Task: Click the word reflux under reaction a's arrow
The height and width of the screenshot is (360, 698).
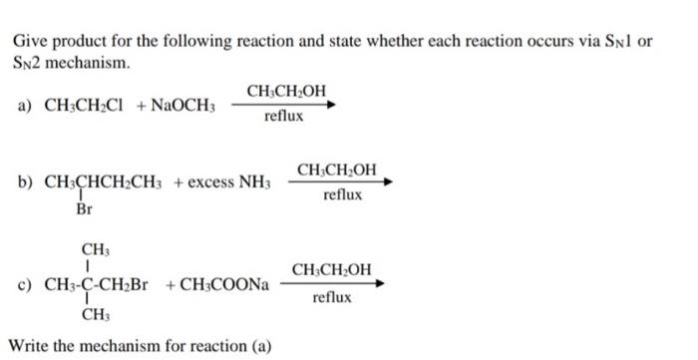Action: coord(283,118)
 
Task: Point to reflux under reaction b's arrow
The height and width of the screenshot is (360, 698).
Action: coord(342,195)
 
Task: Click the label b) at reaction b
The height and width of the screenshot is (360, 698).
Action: coord(25,182)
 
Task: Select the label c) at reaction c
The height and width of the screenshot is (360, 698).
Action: coord(25,284)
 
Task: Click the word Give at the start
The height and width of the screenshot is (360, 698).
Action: coord(29,43)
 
